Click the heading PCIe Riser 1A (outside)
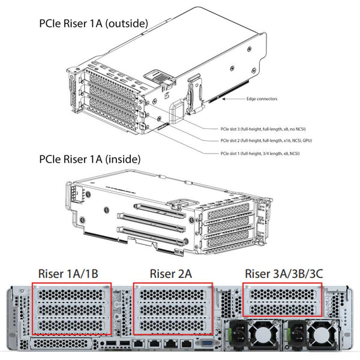click(93, 23)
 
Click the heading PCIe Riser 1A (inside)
click(89, 160)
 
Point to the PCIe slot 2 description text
click(266, 140)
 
